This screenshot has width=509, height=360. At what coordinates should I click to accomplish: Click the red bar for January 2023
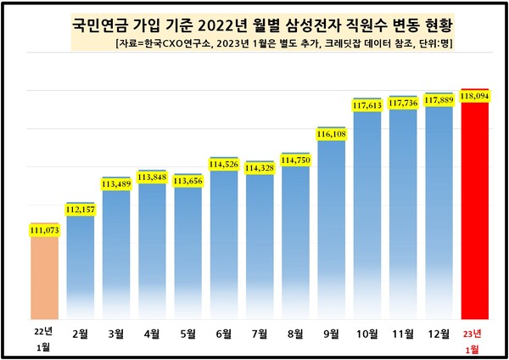[474, 212]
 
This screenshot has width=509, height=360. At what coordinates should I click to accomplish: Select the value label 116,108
[331, 134]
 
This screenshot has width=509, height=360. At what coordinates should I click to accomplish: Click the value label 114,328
[260, 169]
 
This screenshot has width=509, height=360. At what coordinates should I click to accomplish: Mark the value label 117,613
[366, 104]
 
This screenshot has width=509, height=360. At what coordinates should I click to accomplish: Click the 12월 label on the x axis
[439, 334]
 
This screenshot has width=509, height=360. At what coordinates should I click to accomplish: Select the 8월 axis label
[295, 334]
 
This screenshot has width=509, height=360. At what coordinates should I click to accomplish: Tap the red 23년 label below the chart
[474, 331]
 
